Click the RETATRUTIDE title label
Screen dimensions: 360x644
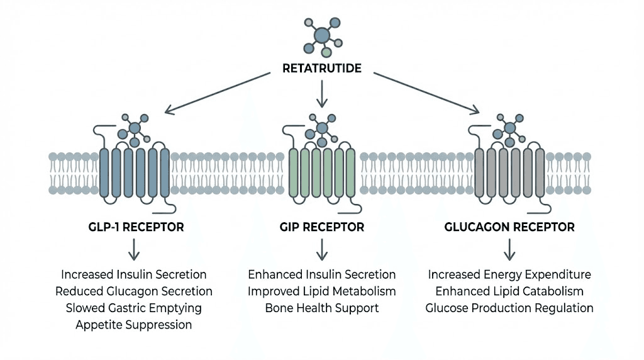[322, 68]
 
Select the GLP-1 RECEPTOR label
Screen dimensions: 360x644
[136, 227]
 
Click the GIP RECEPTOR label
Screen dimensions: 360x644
[322, 227]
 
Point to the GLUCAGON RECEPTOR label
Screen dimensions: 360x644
[509, 227]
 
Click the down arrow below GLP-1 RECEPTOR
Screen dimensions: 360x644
[134, 250]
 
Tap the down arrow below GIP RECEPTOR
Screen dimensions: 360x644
[322, 250]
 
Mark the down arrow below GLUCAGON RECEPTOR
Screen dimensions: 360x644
[509, 250]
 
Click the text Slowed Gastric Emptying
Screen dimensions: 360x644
[134, 308]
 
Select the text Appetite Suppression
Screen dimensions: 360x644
[134, 325]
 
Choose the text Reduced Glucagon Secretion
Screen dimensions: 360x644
[134, 291]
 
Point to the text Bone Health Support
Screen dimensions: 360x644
[322, 308]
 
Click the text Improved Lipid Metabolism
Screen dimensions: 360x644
[322, 291]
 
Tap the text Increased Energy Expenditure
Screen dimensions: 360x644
[509, 275]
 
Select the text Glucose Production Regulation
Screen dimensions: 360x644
[509, 308]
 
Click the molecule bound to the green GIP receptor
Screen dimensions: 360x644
[322, 128]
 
